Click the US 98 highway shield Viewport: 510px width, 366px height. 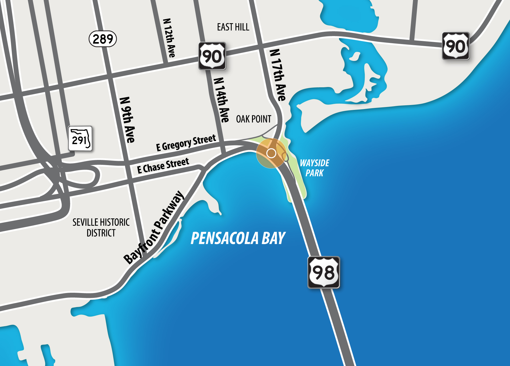324,272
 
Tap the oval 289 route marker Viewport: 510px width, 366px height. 103,39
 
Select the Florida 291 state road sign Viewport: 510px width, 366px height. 80,139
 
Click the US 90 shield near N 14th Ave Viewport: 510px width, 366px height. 212,56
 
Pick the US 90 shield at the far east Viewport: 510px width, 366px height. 456,46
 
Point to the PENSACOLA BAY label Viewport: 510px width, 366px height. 238,238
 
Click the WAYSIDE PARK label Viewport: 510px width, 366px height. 314,168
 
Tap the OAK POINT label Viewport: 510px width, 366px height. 253,119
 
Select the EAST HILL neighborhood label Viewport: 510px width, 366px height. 233,27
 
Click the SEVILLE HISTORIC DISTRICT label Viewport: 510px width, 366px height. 101,227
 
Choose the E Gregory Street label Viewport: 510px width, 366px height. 186,143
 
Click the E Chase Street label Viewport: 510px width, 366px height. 163,166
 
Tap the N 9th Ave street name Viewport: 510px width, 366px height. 127,120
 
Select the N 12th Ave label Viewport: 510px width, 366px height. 169,38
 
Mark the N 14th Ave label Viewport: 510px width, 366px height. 222,100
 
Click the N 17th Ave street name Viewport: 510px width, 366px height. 278,75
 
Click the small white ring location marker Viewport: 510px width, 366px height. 271,153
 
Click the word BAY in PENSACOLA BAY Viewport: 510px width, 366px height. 273,238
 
